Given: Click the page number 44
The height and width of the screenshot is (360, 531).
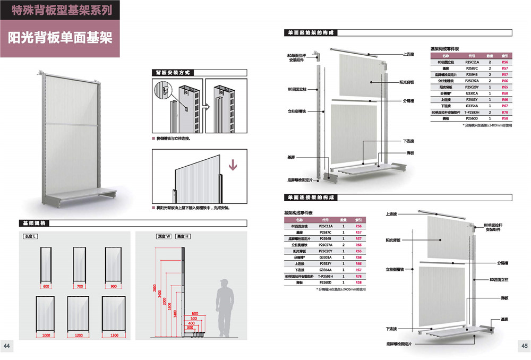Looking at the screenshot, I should click(7, 346).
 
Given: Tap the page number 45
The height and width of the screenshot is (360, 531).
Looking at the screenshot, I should click(523, 346).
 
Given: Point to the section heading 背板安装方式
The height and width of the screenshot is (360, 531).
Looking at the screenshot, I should click(172, 72).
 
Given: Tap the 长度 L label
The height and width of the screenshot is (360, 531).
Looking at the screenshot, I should click(30, 236).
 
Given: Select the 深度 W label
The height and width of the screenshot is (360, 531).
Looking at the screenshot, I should click(164, 236).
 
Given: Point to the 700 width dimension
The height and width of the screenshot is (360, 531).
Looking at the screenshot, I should click(79, 287).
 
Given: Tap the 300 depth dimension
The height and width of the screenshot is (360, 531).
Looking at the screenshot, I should click(190, 328).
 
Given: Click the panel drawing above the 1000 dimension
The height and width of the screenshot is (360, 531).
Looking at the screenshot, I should click(46, 313).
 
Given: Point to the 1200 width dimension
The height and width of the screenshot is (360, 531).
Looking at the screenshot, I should click(79, 335).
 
